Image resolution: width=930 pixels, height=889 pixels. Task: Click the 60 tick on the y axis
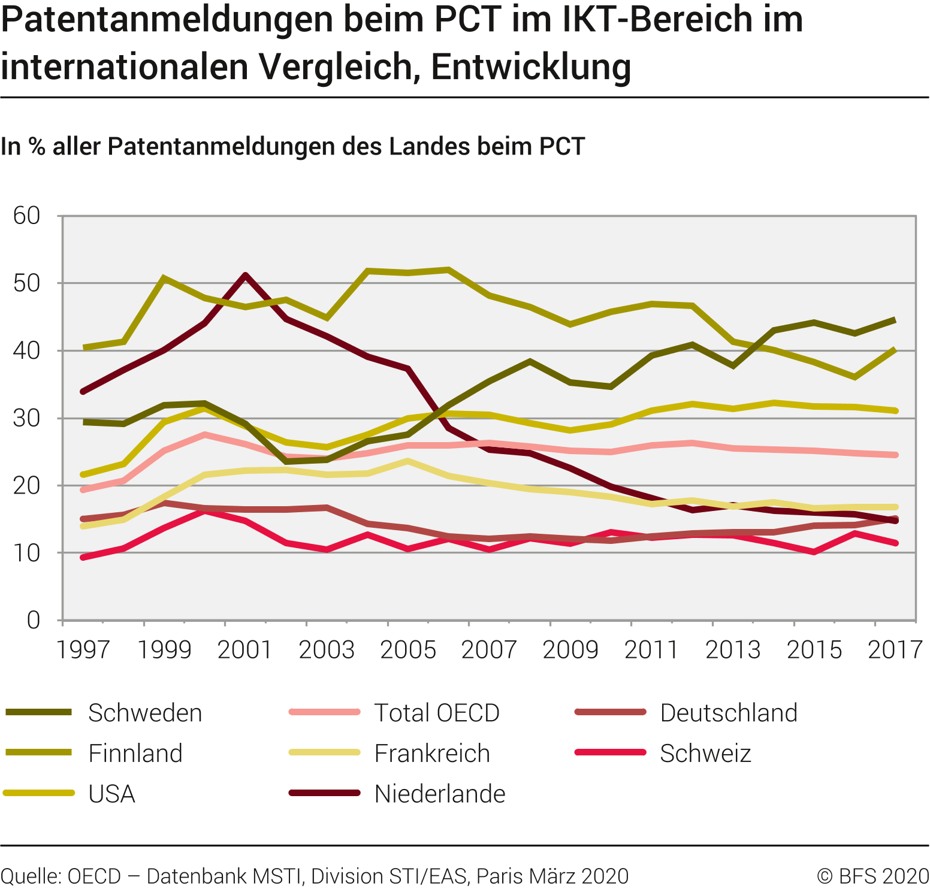tap(27, 216)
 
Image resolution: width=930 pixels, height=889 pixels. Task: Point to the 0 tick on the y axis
tap(34, 620)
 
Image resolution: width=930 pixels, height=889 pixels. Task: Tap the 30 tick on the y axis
tap(27, 418)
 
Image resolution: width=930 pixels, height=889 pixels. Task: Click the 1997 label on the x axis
tap(83, 649)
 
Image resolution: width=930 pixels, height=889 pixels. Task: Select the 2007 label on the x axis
tap(489, 649)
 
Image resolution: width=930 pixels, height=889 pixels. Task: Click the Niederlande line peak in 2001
tap(246, 275)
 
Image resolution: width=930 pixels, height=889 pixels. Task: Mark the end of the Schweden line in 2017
tap(895, 320)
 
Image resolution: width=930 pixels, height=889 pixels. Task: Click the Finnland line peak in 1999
tap(164, 278)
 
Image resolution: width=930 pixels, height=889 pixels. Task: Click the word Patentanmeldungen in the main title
tap(167, 19)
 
